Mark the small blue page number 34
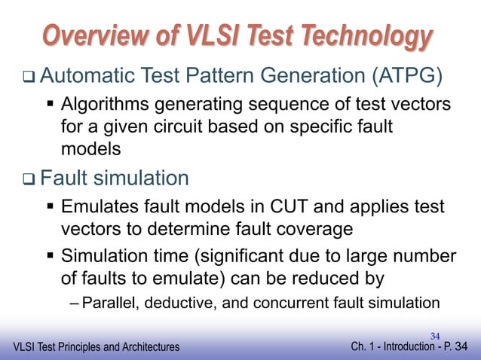click(435, 334)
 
